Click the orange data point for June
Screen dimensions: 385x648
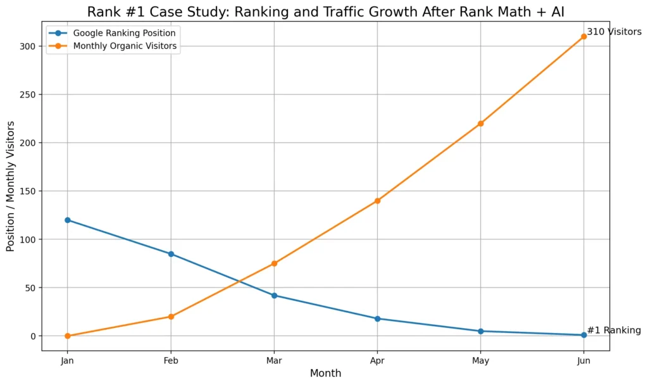[583, 37]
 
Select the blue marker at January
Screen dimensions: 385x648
[68, 220]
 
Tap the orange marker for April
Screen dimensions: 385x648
[377, 201]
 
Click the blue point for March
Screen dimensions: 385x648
[274, 296]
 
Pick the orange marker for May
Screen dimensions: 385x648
[480, 123]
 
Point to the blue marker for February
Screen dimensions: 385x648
[171, 254]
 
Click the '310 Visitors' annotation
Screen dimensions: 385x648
[614, 32]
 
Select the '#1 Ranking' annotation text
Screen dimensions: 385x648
[614, 331]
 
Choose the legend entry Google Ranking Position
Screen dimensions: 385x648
[124, 32]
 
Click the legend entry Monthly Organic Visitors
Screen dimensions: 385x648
[125, 46]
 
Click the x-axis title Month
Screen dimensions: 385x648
[325, 374]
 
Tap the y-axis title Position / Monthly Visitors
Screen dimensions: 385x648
[11, 186]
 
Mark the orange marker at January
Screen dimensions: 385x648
[68, 336]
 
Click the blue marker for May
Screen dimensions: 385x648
[480, 331]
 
